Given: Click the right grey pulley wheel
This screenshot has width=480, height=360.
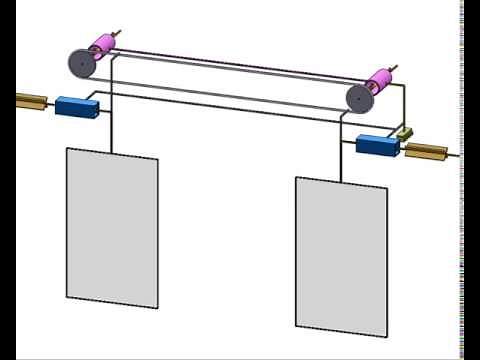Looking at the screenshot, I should point(359,98).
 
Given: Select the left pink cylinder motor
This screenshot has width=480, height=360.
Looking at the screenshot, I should point(102,48).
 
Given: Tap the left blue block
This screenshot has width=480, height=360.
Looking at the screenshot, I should point(74,107).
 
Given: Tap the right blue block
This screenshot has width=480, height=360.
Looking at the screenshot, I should point(377,146).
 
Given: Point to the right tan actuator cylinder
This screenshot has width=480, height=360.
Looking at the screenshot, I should point(425,152).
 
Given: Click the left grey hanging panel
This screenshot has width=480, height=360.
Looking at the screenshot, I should point(112,228).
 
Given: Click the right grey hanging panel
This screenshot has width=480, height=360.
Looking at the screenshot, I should point(340,256).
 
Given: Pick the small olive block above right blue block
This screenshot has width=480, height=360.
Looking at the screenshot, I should point(405,133).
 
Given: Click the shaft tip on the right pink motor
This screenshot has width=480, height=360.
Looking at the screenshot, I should point(398,65).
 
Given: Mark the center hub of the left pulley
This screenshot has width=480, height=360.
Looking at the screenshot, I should point(81,64).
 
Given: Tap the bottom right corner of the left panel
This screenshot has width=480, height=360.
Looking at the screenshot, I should point(156,307).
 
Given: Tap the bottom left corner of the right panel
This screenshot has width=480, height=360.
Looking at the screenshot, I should point(296,325).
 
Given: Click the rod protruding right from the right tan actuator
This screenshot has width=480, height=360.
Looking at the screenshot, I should point(454,156).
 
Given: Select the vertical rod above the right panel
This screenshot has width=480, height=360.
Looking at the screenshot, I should point(341,164).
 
